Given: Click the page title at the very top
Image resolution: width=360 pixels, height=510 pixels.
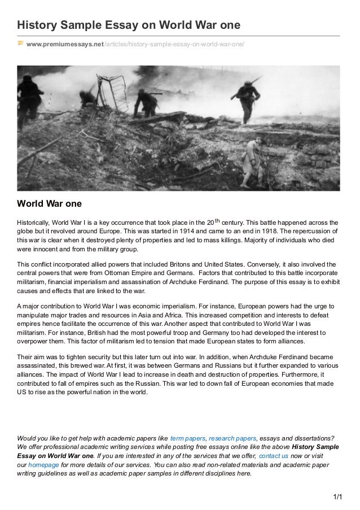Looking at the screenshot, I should pos(129,26).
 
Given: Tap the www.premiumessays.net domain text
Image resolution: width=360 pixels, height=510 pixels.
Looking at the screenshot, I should pos(65,44).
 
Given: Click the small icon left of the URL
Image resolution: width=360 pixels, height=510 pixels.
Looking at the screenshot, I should pos(20,43).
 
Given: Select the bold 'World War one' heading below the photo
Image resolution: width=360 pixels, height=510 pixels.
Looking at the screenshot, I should pos(50,203).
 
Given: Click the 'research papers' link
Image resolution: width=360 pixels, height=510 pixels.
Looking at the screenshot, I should pos(232,437).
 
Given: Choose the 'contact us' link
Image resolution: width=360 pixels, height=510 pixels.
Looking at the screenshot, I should pos(273,455).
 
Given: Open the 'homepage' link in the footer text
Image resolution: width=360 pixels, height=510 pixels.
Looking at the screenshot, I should pos(43,464).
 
